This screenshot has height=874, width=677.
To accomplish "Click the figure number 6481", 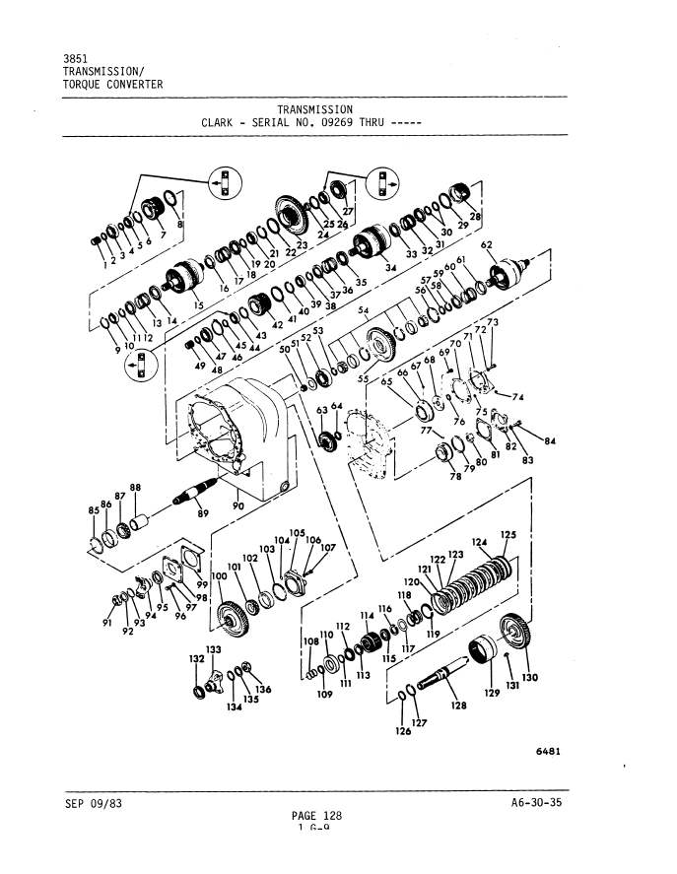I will (x=549, y=751).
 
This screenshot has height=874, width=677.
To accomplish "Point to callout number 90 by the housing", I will (x=237, y=506).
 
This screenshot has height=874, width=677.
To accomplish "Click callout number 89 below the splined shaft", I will (x=203, y=512).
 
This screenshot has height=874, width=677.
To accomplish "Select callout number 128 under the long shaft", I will (x=457, y=706).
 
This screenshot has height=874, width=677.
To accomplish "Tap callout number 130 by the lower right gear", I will (x=530, y=677).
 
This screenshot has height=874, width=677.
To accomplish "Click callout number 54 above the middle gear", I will (x=363, y=310).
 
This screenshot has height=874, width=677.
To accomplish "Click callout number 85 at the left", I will (x=94, y=510).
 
